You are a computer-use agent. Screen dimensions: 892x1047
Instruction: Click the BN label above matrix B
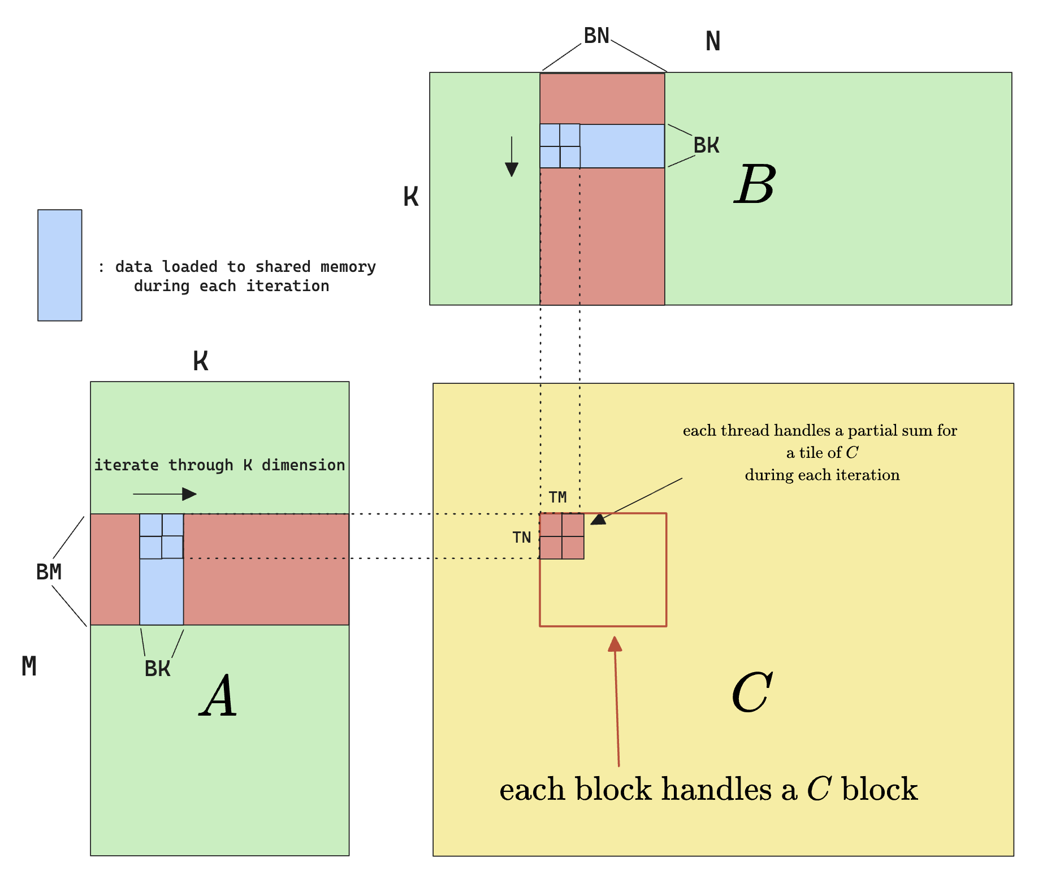tap(596, 36)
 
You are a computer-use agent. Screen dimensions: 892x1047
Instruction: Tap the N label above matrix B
tap(713, 41)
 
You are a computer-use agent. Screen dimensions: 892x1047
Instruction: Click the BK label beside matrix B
tap(706, 146)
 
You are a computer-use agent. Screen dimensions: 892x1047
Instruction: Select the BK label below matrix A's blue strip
tap(157, 669)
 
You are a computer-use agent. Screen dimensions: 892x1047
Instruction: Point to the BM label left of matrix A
tap(49, 572)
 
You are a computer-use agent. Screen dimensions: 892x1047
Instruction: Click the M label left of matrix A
tap(29, 666)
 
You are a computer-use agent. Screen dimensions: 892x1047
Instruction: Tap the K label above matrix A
tap(201, 361)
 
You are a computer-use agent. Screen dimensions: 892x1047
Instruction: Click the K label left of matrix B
tap(411, 197)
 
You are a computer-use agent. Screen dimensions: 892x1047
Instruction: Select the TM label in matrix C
tap(557, 497)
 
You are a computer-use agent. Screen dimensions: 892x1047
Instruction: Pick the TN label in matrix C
tap(522, 538)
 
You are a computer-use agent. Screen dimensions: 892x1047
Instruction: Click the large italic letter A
tap(219, 697)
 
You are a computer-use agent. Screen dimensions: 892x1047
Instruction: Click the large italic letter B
tap(755, 185)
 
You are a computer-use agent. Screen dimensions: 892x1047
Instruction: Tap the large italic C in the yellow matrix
tap(752, 693)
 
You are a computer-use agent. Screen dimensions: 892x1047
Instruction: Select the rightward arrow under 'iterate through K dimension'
tap(165, 494)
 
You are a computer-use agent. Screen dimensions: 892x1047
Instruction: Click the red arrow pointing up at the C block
tap(617, 701)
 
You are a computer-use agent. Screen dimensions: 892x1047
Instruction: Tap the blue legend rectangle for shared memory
tap(60, 265)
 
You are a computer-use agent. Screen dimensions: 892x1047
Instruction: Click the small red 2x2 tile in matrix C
tap(562, 536)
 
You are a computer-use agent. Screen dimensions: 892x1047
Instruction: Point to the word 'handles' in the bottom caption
tap(716, 790)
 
